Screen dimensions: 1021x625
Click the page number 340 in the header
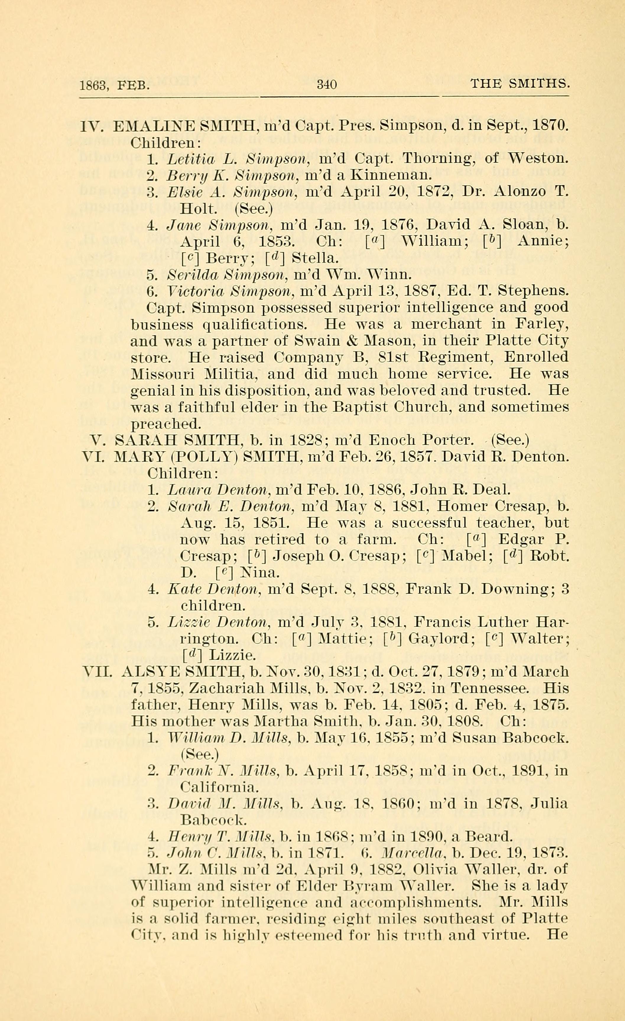coord(327,85)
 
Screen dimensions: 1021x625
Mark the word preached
coord(165,424)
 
